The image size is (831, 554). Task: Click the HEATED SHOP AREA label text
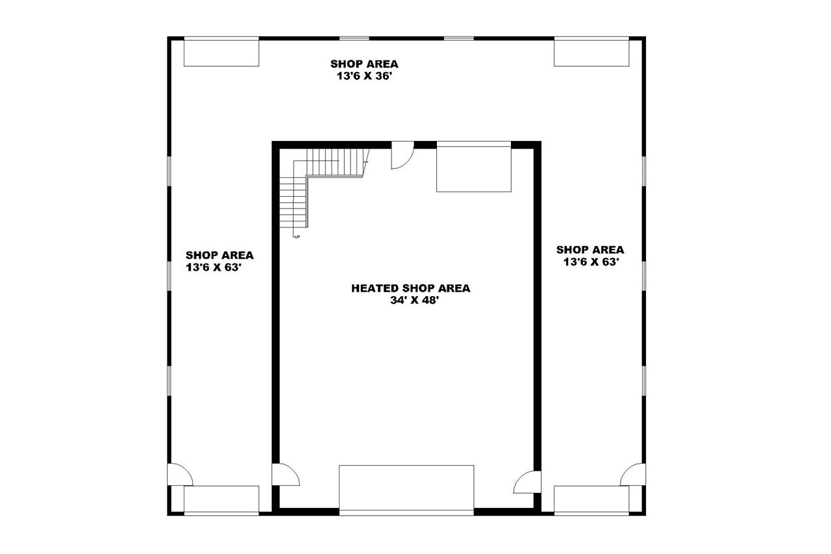(x=410, y=288)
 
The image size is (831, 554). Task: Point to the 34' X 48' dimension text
(x=410, y=301)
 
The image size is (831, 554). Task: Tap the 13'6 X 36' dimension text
(x=364, y=76)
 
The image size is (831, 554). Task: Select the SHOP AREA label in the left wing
(x=219, y=255)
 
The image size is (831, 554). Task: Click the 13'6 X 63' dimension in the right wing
(x=591, y=262)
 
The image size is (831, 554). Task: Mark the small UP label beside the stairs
(x=297, y=236)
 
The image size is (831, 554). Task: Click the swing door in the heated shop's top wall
(x=401, y=157)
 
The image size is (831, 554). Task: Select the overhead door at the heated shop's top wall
(x=474, y=168)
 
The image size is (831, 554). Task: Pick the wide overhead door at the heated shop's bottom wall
(x=406, y=488)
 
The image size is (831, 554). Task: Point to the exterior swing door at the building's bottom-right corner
(x=634, y=475)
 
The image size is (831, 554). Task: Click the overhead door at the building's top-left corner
(x=221, y=52)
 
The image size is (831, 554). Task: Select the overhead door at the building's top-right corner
(x=591, y=52)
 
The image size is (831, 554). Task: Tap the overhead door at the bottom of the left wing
(x=221, y=499)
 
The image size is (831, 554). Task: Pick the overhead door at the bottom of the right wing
(x=591, y=499)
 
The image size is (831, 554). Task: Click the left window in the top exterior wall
(x=354, y=38)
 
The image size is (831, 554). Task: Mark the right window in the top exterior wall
(x=458, y=38)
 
